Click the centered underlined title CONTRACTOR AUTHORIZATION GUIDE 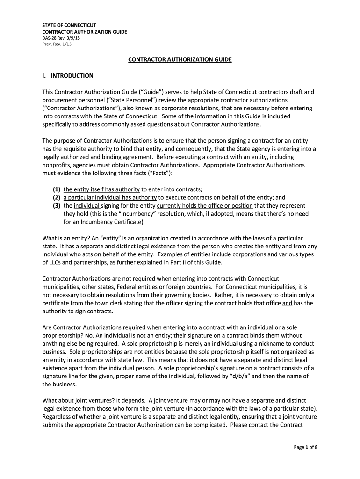pos(180,60)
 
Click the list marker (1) pos(57,189)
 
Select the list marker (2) pos(57,197)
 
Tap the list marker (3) pos(57,205)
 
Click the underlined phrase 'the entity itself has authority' pos(101,189)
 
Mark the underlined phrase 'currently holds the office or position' pos(205,205)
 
